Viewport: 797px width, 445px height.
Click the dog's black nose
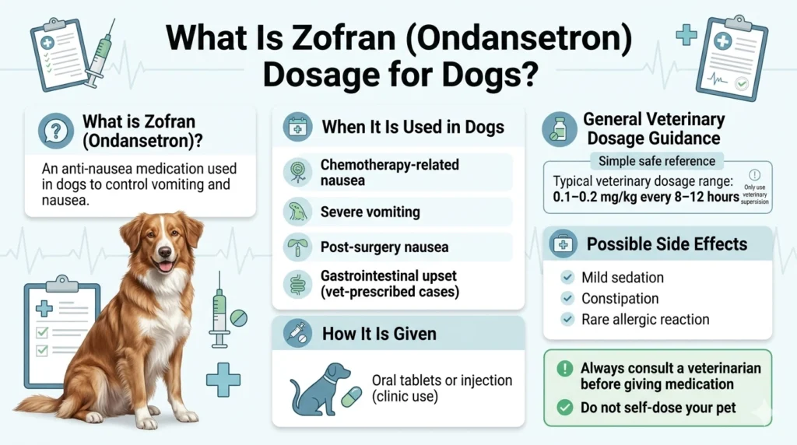pos(164,253)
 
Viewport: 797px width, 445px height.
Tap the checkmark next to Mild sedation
pos(567,278)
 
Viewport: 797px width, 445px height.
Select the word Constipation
pos(620,299)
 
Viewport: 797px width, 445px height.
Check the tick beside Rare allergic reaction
pos(567,319)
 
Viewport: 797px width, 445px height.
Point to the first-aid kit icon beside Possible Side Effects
pos(563,244)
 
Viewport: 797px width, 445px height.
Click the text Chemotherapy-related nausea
pos(389,172)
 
